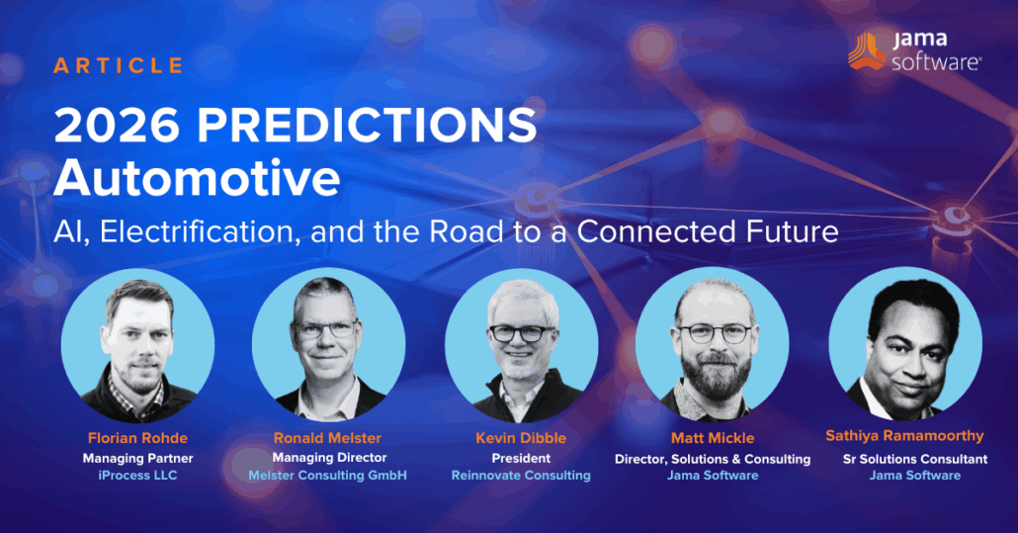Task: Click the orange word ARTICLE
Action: [119, 65]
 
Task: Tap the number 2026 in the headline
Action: [117, 125]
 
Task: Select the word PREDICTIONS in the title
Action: [367, 125]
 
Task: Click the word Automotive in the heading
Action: [197, 178]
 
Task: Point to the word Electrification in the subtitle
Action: [200, 231]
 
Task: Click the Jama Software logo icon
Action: [866, 50]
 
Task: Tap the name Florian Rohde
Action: [137, 438]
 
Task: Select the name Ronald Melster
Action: [327, 438]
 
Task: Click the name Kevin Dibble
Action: [521, 438]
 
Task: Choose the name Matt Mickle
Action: [713, 438]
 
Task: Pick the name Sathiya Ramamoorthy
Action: [904, 436]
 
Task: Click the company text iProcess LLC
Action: [137, 476]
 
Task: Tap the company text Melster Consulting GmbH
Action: [328, 476]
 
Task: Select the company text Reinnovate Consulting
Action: [521, 476]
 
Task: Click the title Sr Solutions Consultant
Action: [915, 459]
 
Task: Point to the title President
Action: [521, 459]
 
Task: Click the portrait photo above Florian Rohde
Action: [137, 346]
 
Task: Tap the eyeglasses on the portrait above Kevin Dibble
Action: [522, 333]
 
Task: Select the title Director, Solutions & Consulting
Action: [713, 459]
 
